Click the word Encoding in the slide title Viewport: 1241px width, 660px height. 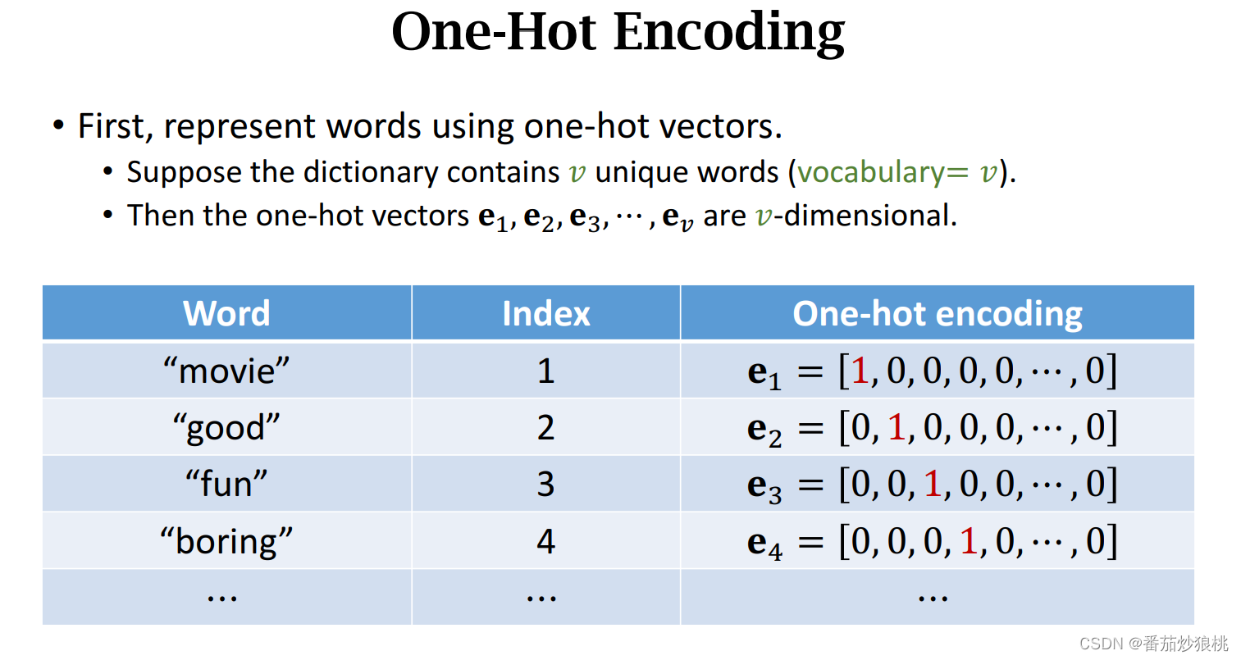click(x=728, y=33)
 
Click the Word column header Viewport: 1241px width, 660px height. click(x=226, y=313)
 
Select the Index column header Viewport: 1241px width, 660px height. click(x=545, y=313)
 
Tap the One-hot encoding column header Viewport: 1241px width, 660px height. click(x=937, y=313)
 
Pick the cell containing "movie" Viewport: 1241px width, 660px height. click(x=226, y=371)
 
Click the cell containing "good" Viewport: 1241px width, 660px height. click(x=226, y=427)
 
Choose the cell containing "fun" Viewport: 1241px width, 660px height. click(x=226, y=484)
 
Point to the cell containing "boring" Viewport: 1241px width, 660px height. click(x=226, y=541)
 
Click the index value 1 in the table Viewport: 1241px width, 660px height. click(x=545, y=371)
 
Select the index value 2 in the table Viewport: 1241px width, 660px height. click(x=545, y=427)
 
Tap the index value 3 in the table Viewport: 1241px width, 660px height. click(x=545, y=484)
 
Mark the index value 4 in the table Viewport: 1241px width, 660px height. click(x=545, y=541)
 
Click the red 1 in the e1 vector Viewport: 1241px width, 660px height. click(x=860, y=371)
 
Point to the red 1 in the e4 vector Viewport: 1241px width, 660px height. click(x=969, y=541)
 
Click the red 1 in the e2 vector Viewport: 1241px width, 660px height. click(x=896, y=427)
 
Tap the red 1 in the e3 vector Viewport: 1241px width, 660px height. click(x=933, y=484)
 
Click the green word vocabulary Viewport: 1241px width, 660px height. click(x=871, y=172)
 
